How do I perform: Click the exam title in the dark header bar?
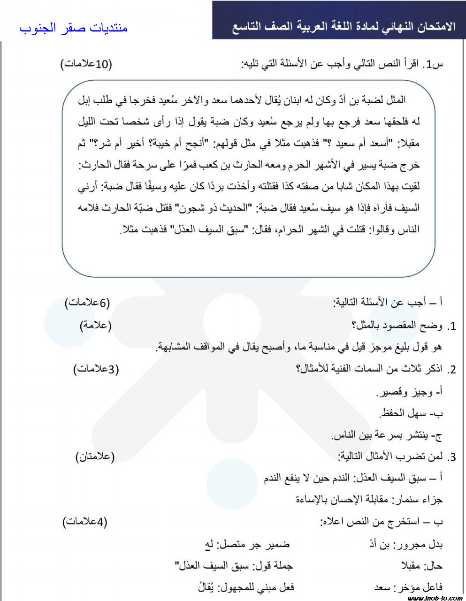coord(344,27)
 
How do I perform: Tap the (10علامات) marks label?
coord(86,64)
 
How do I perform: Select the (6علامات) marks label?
coord(87,303)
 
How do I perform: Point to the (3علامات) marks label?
coord(96,370)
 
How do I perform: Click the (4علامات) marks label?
coord(85,522)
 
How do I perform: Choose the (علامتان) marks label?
coord(95,456)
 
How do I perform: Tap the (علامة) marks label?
coord(96,326)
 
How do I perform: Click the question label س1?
coord(434,65)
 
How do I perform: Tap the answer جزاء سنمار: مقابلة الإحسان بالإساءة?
coord(369,499)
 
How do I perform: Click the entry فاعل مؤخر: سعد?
coord(408,587)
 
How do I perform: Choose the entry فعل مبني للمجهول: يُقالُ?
coord(247,587)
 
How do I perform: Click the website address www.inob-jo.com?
coord(435,598)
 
